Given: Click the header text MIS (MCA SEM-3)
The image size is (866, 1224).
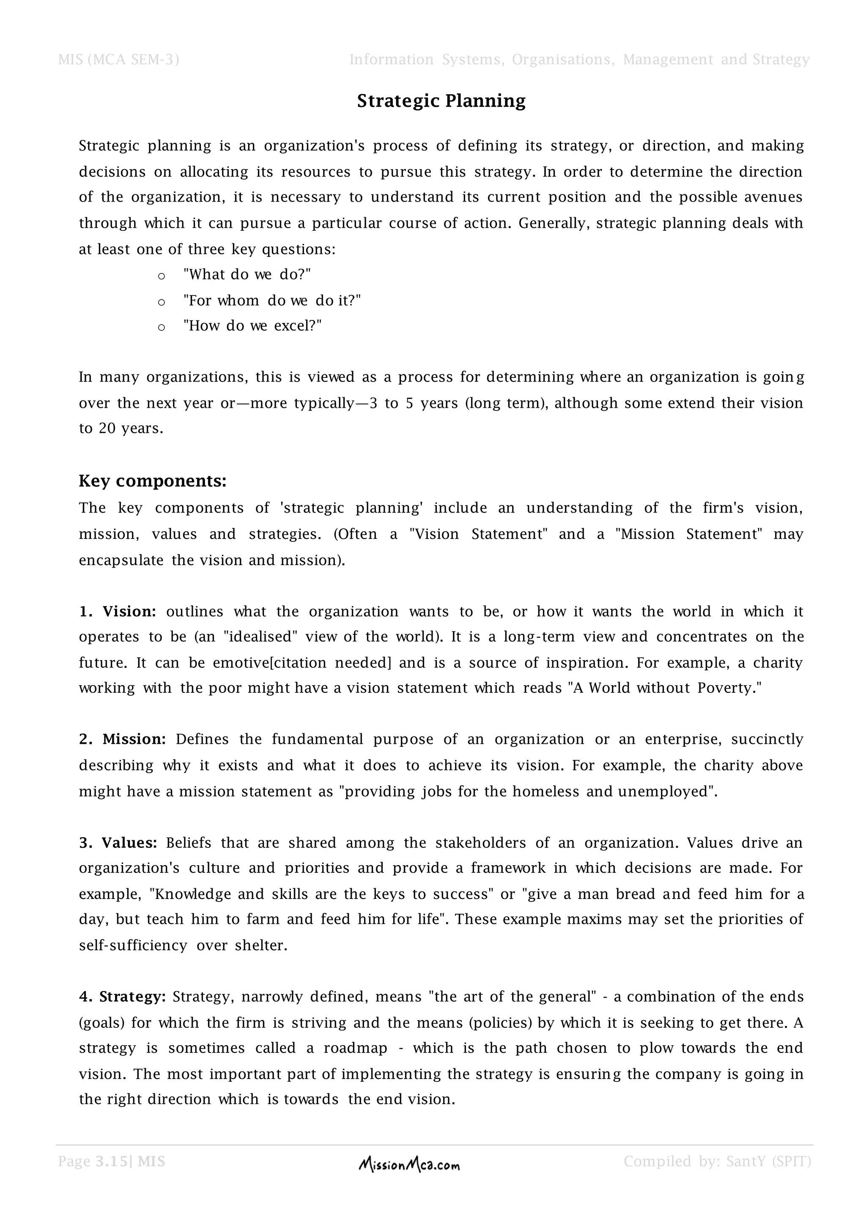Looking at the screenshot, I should [x=118, y=60].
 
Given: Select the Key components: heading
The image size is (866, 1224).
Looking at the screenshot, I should [x=153, y=481].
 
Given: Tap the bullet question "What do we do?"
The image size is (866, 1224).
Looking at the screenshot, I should [x=247, y=275].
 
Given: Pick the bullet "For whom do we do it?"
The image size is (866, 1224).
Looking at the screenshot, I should [x=272, y=301].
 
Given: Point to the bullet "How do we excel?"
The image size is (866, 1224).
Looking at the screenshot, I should [x=252, y=326].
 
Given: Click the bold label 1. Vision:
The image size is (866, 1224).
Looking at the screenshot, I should [x=117, y=612].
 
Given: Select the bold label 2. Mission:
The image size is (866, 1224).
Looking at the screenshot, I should [x=122, y=739].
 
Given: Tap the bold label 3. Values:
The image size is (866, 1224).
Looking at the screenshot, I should [x=118, y=843].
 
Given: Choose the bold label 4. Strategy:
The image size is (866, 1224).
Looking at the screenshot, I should [x=122, y=997].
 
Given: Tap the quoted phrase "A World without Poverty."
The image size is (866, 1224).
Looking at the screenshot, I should [x=666, y=688].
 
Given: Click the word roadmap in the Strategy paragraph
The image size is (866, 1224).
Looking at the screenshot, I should [x=355, y=1048].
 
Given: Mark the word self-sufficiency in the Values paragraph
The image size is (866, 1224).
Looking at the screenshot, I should [x=133, y=946].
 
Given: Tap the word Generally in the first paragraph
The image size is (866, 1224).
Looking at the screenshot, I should [x=554, y=223].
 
